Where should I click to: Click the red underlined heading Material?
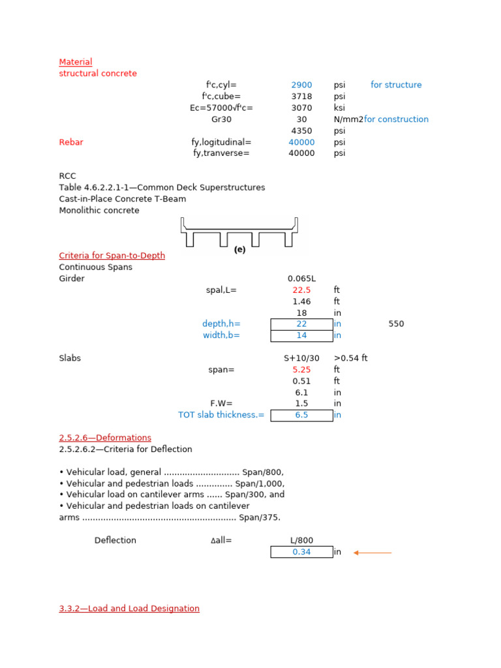click(x=76, y=62)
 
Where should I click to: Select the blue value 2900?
click(x=301, y=85)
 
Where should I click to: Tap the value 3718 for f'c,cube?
click(x=301, y=97)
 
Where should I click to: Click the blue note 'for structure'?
click(x=396, y=85)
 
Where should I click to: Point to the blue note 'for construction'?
click(x=396, y=119)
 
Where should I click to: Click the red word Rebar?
click(x=71, y=142)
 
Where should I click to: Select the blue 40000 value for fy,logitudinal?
click(x=301, y=142)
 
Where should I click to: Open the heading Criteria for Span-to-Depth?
click(x=112, y=256)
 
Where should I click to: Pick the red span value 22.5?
click(x=301, y=290)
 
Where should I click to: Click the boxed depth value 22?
click(x=301, y=324)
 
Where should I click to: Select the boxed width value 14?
click(x=301, y=336)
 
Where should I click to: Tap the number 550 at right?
click(x=396, y=324)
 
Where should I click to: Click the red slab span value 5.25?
click(x=301, y=370)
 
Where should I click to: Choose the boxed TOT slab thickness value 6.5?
click(x=301, y=416)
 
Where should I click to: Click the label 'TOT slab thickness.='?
click(x=221, y=415)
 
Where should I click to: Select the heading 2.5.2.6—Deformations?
click(x=105, y=438)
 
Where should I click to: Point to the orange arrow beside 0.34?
click(x=372, y=553)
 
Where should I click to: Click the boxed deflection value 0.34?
click(x=301, y=552)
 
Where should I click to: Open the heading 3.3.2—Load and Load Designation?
click(x=129, y=609)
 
